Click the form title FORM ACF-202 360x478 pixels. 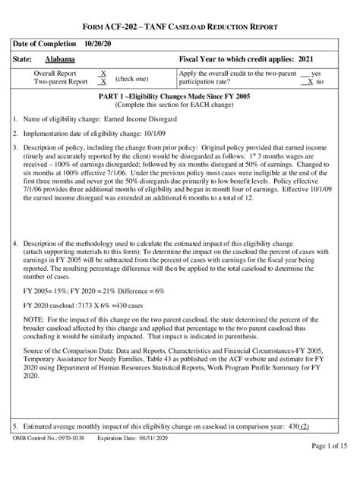[x=122, y=27]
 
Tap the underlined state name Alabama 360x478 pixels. [x=59, y=58]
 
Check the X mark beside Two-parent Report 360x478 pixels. [x=103, y=81]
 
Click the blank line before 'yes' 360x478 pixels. [x=305, y=73]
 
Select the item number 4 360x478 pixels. [x=16, y=243]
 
